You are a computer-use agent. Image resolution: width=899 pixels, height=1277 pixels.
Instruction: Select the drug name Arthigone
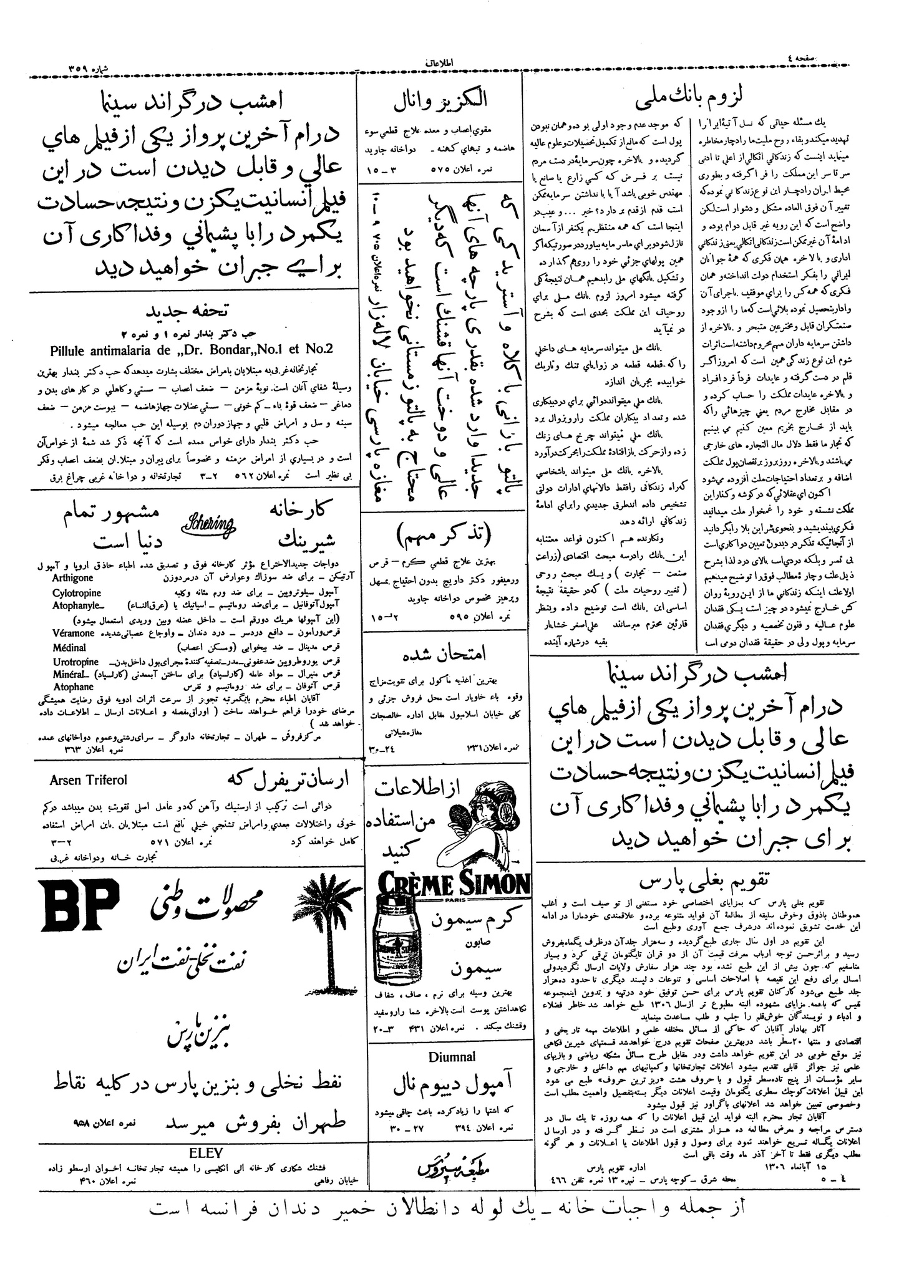(73, 578)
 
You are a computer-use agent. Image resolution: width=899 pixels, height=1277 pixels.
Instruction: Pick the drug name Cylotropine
(77, 593)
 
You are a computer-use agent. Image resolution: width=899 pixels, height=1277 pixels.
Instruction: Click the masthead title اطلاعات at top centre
(443, 64)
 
